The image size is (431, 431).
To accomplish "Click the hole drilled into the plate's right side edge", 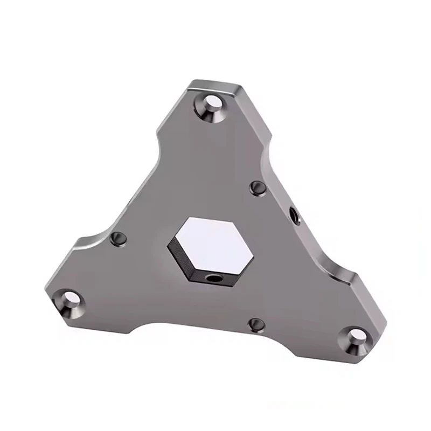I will click(x=294, y=215).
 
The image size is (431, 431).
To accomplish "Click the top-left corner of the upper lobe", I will click(x=190, y=82).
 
